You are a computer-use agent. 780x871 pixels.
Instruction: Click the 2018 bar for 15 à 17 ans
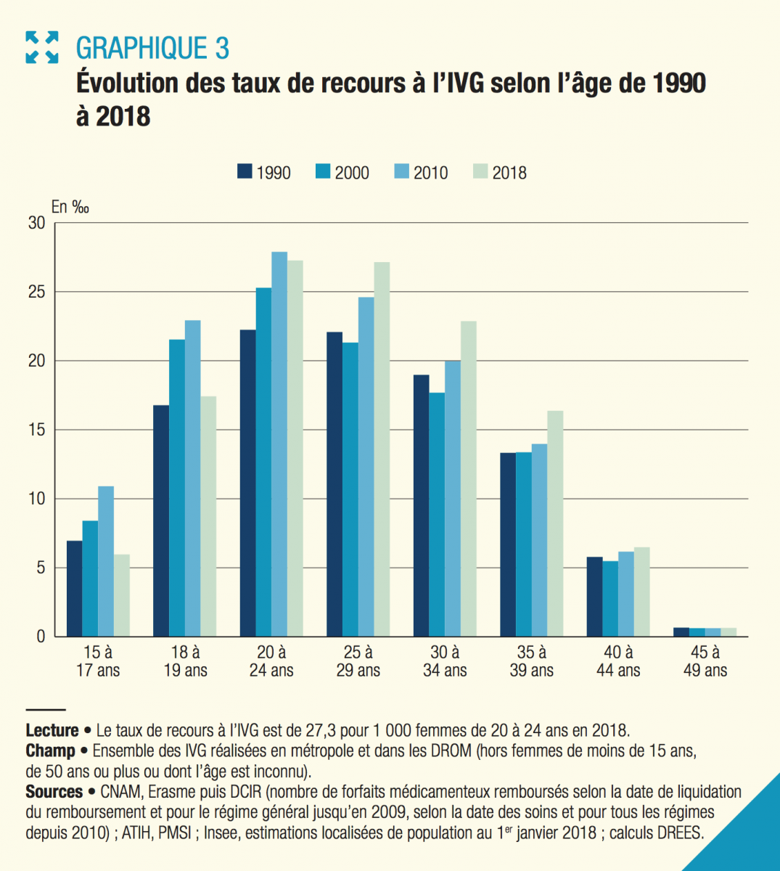pos(121,595)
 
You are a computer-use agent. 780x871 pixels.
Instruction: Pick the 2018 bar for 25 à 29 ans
pos(382,449)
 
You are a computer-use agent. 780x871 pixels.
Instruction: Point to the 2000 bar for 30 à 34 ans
pos(438,515)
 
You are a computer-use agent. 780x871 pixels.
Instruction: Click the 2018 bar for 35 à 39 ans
pos(555,523)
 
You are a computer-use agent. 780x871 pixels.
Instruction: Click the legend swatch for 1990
pos(245,172)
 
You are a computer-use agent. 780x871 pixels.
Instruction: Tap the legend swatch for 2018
pos(480,172)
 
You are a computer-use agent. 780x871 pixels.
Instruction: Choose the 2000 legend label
pos(352,173)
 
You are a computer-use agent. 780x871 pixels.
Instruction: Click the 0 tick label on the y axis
pos(41,637)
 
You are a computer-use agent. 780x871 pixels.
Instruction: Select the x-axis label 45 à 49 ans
pos(705,661)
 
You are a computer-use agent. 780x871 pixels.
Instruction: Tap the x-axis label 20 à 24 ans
pos(271,661)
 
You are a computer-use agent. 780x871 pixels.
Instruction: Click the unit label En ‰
pos(70,208)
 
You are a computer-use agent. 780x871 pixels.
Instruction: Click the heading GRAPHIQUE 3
pos(152,49)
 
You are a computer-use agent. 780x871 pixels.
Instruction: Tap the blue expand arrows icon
pos(41,47)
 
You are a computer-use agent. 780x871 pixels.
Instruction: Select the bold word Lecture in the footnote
pos(52,730)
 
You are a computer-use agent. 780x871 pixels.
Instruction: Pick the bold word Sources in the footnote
pos(54,792)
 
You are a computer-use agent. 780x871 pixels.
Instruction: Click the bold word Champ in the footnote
pos(50,751)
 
